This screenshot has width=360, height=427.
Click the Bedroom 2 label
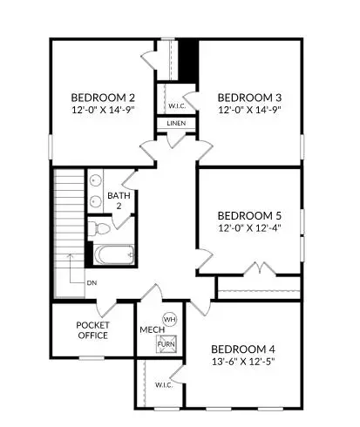pos(103,97)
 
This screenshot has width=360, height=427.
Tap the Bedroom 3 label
pos(249,97)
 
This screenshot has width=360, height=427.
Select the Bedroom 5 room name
pos(249,214)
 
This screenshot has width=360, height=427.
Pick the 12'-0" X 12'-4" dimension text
pos(249,227)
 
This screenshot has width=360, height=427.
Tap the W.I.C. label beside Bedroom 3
pos(175,107)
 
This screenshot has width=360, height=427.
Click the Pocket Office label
pos(92,329)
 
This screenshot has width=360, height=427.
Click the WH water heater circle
pos(170,319)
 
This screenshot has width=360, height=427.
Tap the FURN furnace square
pos(166,343)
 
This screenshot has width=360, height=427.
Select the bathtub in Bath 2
pos(114,256)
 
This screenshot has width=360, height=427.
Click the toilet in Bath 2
pos(100,229)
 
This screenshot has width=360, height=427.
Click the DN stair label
pos(92,283)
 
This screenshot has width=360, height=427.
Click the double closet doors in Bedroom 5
pos(258,268)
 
